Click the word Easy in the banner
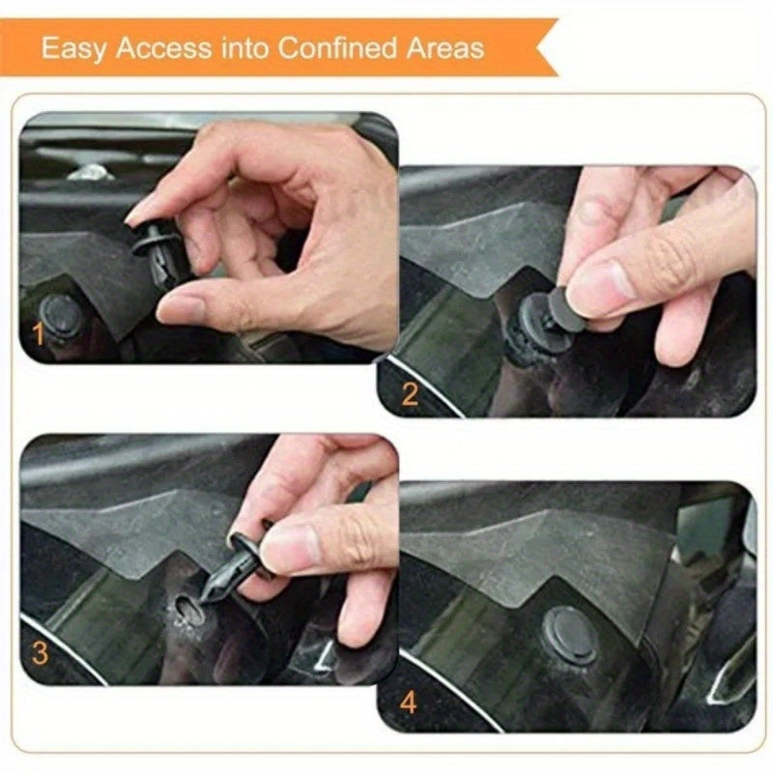click(75, 47)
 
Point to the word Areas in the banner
click(444, 47)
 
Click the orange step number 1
click(39, 335)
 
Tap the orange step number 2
click(410, 393)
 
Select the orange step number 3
click(39, 653)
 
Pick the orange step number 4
click(410, 702)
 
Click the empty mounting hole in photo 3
click(186, 608)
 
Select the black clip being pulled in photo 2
click(541, 323)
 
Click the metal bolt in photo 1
click(92, 173)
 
